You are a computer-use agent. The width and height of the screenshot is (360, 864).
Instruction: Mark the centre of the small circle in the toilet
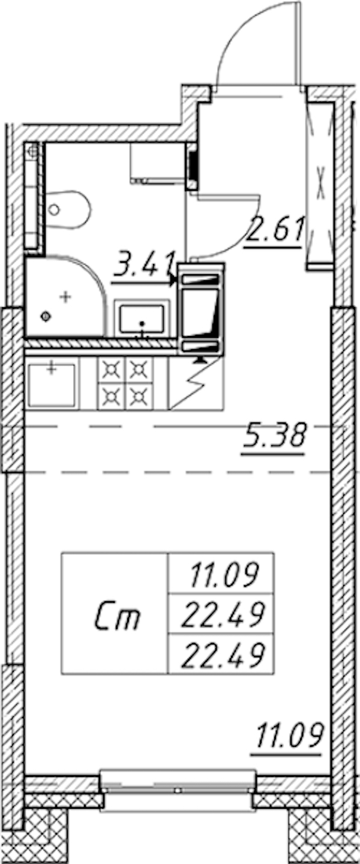click(x=55, y=210)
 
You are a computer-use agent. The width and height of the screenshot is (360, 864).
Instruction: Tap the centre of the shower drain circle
click(x=46, y=317)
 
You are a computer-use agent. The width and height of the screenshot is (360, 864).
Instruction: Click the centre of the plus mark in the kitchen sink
click(x=52, y=369)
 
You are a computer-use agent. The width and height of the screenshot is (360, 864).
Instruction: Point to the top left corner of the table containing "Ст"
click(x=62, y=553)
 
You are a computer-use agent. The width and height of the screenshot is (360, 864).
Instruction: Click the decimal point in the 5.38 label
click(x=262, y=445)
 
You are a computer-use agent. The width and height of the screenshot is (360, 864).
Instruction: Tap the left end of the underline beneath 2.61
click(x=244, y=247)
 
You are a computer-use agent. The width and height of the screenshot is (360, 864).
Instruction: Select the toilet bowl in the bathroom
click(x=68, y=210)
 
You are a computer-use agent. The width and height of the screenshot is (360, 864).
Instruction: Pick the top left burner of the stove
click(x=112, y=370)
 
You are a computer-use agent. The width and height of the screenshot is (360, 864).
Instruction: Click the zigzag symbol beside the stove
click(x=196, y=383)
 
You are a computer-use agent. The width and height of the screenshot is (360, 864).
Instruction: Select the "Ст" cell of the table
click(x=115, y=613)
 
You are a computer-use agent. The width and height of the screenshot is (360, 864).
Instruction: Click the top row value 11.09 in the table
click(x=223, y=575)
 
